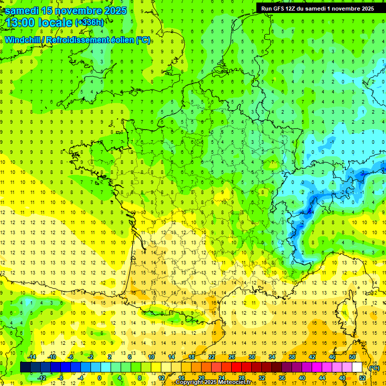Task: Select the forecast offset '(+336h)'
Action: [x=89, y=22]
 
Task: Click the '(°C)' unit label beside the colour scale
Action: [x=374, y=368]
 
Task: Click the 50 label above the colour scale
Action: [x=352, y=357]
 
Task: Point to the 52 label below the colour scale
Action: [x=362, y=378]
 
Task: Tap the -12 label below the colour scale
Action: [x=42, y=378]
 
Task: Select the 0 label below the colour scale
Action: [x=100, y=378]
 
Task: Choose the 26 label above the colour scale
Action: [x=232, y=357]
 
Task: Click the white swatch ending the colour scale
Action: [x=357, y=367]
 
